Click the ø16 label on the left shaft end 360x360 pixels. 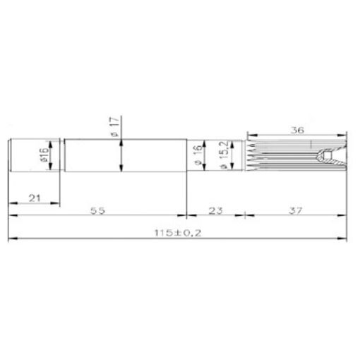(x=43, y=156)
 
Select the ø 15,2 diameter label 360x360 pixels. (x=222, y=157)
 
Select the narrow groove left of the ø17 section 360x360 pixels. (x=61, y=156)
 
